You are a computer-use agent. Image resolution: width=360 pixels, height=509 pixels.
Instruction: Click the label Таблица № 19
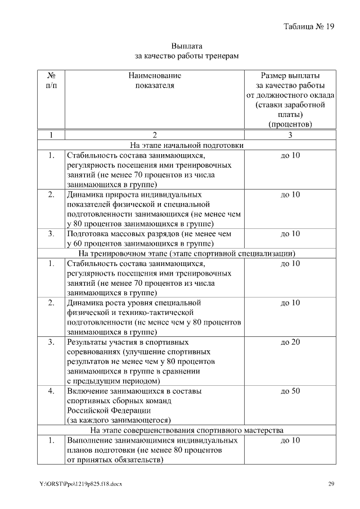pyautogui.click(x=309, y=26)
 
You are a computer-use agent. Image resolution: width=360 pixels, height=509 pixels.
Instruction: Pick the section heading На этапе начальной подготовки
pyautogui.click(x=187, y=145)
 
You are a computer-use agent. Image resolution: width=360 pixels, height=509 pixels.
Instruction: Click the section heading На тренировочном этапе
pyautogui.click(x=187, y=253)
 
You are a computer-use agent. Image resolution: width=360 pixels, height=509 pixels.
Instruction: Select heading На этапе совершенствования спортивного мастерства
pyautogui.click(x=187, y=430)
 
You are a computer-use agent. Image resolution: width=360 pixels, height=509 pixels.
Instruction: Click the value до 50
pyautogui.click(x=290, y=391)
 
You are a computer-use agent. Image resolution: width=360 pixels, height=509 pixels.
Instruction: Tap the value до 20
pyautogui.click(x=290, y=342)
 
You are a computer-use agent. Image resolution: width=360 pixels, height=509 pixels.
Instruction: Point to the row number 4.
pyautogui.click(x=51, y=391)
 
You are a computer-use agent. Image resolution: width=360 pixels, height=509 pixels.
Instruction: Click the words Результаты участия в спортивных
pyautogui.click(x=128, y=342)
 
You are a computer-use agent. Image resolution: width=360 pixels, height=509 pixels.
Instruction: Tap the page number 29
pyautogui.click(x=331, y=484)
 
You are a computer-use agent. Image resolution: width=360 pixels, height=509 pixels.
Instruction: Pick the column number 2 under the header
pyautogui.click(x=155, y=135)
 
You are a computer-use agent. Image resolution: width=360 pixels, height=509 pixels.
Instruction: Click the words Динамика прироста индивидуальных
pyautogui.click(x=128, y=195)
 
